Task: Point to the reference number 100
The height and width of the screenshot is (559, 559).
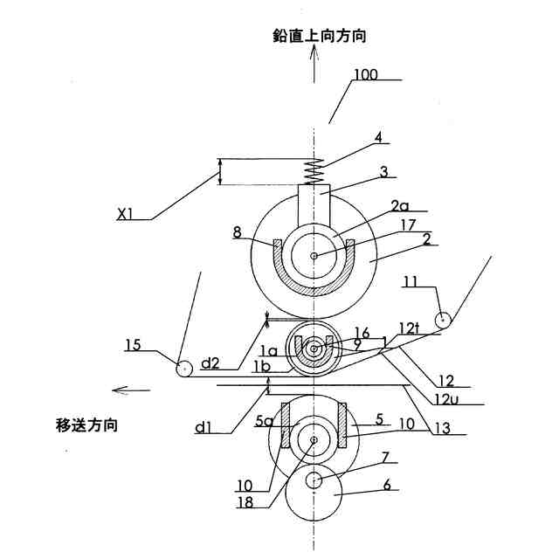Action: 366,75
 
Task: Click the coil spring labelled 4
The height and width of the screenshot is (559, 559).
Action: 314,170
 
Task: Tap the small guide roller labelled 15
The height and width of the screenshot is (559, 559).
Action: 184,369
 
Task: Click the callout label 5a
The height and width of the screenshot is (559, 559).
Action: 265,421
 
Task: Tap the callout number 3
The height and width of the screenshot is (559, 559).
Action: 382,173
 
